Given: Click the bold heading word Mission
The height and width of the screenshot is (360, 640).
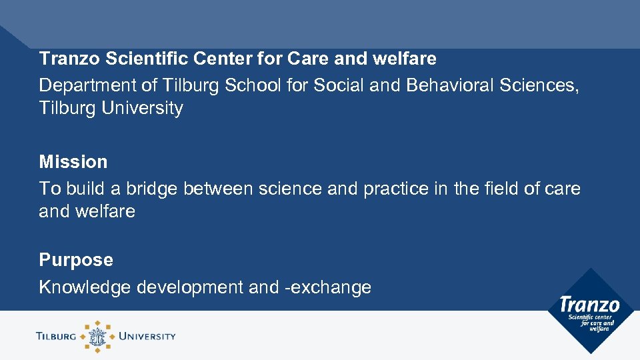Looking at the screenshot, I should point(73,162).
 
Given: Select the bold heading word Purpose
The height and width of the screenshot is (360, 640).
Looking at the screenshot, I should point(76,259).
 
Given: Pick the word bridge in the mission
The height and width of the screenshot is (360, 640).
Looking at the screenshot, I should point(147,189).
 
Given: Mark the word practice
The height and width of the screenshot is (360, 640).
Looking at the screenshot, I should point(396,189).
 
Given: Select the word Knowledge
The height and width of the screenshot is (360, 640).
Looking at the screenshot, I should point(85,287).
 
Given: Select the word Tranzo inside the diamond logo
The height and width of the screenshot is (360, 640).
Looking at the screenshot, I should point(590,305).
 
